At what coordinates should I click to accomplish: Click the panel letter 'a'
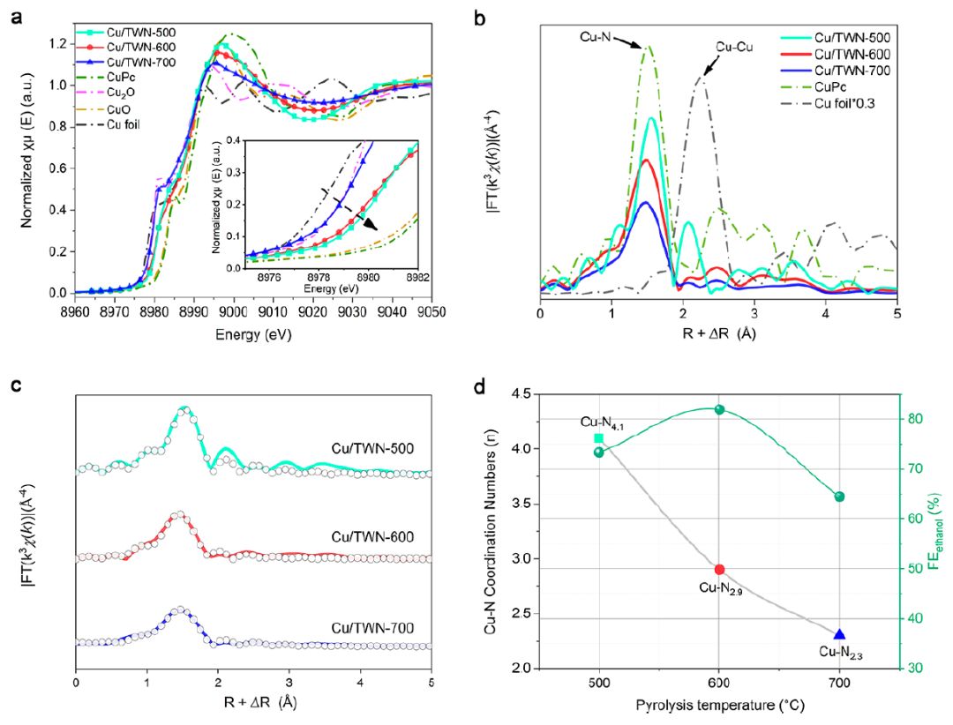click(x=15, y=16)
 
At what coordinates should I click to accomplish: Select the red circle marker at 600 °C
click(x=719, y=570)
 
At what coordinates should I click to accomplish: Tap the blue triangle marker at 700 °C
click(x=839, y=634)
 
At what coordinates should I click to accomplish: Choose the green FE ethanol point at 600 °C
click(x=719, y=409)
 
